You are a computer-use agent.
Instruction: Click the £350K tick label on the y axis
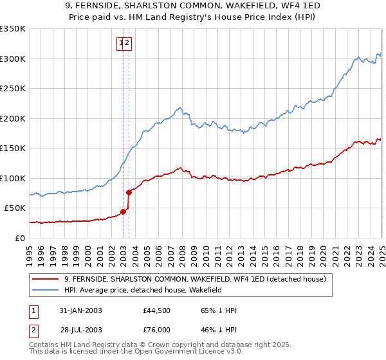click(x=13, y=29)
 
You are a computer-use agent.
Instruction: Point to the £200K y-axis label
click(x=13, y=118)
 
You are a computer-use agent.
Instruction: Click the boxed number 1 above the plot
click(x=120, y=43)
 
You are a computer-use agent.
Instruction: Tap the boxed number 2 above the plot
click(x=127, y=43)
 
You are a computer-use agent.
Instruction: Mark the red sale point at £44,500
click(x=123, y=211)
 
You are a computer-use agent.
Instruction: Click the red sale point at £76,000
click(x=129, y=192)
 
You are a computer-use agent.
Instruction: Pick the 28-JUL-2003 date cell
click(x=81, y=329)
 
